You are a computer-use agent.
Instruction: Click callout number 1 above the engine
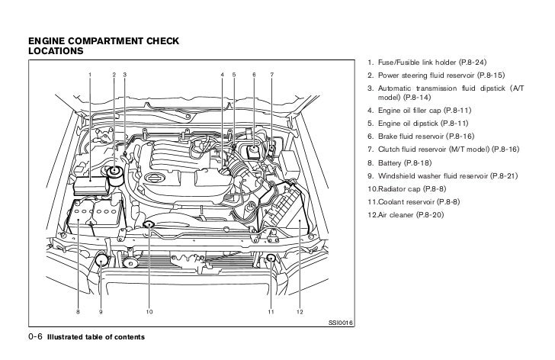(89, 73)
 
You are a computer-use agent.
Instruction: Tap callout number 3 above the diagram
(124, 73)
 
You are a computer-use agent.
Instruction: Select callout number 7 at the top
(271, 73)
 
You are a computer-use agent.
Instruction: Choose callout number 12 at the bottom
(300, 313)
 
